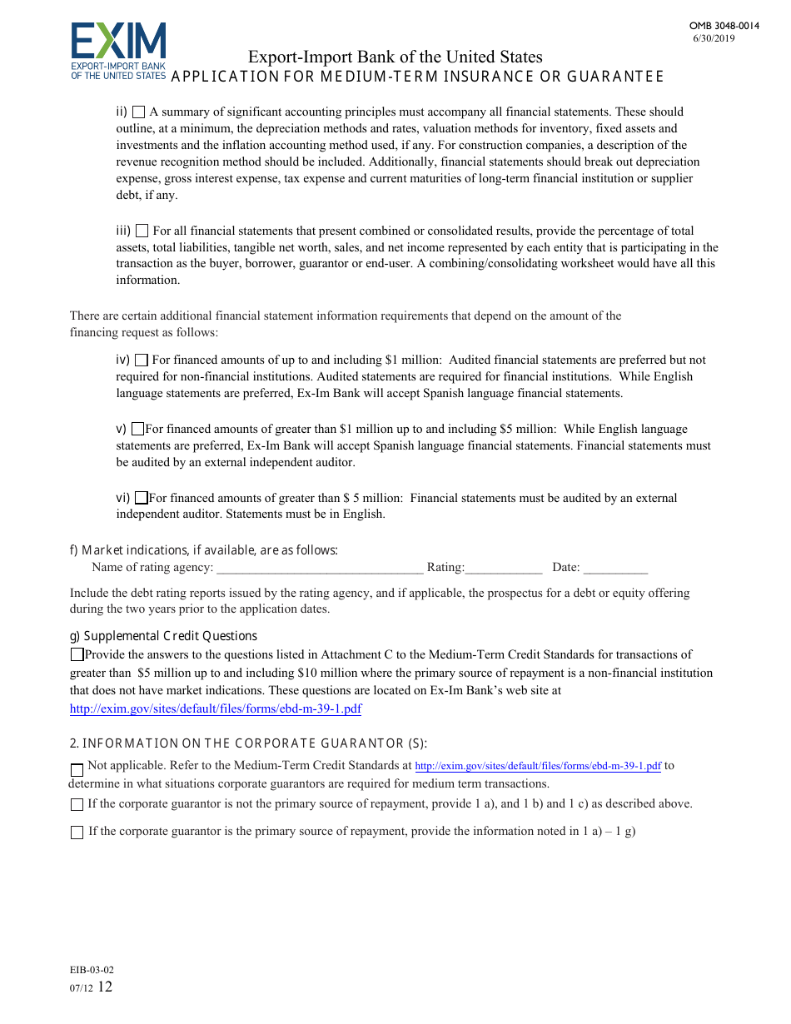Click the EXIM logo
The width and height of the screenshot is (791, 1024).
[x=118, y=51]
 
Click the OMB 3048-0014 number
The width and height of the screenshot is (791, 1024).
[x=724, y=26]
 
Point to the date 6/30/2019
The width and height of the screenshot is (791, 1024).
[x=714, y=38]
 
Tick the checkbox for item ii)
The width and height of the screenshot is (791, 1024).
[x=139, y=112]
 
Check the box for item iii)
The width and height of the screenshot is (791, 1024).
[x=142, y=231]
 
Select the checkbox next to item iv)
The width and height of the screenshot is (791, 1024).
[x=141, y=360]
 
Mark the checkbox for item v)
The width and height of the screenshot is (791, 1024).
[x=138, y=430]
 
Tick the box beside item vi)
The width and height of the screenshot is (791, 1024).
[x=141, y=498]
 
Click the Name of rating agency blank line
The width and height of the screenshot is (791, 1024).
[x=320, y=568]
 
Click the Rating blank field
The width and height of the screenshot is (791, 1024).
[x=504, y=568]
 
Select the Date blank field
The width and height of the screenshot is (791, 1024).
[x=615, y=568]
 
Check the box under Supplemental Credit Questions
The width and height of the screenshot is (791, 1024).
[x=77, y=655]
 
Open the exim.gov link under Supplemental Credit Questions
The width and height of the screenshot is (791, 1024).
[x=216, y=709]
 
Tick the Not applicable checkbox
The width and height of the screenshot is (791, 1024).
[x=77, y=769]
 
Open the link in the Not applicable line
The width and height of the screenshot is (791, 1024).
[x=538, y=766]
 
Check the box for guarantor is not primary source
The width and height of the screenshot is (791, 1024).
[x=77, y=804]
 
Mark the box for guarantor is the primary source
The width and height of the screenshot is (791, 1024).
[x=77, y=832]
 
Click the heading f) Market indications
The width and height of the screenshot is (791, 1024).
[x=204, y=550]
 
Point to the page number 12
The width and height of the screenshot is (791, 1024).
[x=105, y=987]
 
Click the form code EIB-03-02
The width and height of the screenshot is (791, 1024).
[x=92, y=970]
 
